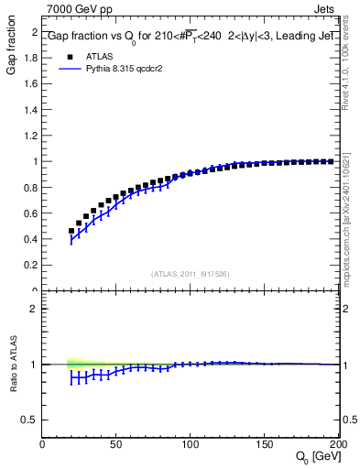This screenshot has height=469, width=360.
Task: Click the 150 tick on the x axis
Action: (265, 444)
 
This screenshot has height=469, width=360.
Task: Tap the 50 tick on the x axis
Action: (116, 444)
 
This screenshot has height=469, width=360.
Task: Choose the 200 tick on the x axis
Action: (337, 444)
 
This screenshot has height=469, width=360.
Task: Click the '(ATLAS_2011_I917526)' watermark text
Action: (190, 273)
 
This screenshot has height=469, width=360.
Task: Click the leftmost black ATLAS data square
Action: (71, 231)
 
